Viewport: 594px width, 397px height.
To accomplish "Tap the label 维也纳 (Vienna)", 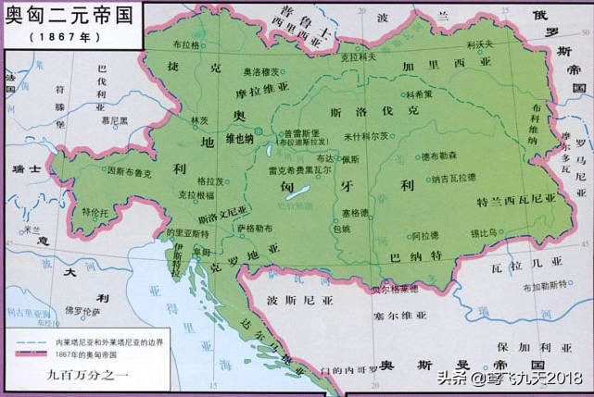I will [x=237, y=139].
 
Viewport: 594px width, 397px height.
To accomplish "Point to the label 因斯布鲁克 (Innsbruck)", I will [x=129, y=171].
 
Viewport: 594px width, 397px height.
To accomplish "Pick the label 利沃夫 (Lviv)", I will [x=480, y=44].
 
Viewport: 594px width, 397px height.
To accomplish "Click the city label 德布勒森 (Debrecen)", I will [x=440, y=156].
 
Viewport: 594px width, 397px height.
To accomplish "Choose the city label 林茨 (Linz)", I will [x=198, y=120].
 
